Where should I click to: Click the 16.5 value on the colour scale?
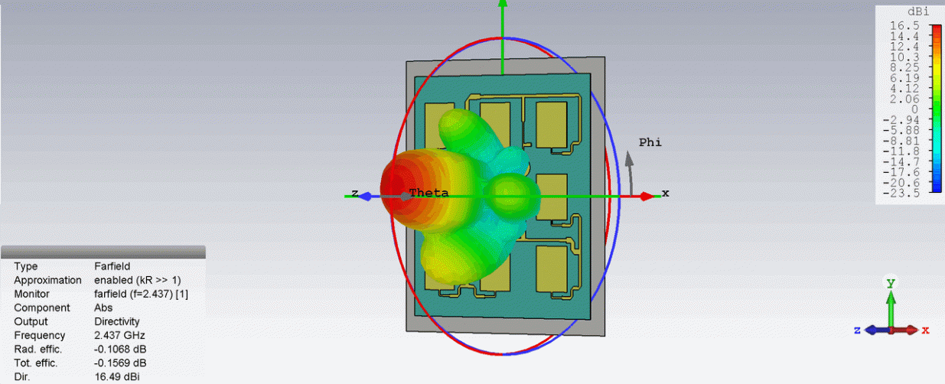point(904,26)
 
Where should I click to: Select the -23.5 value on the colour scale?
point(901,194)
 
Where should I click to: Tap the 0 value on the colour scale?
point(914,109)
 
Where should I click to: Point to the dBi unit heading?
point(918,11)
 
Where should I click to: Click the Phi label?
point(650,142)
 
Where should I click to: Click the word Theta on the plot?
point(429,193)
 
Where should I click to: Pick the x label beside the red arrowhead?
point(665,193)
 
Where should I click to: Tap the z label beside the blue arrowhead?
point(355,193)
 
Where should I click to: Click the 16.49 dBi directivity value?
point(117,377)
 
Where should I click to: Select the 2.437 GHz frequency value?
point(119,336)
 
